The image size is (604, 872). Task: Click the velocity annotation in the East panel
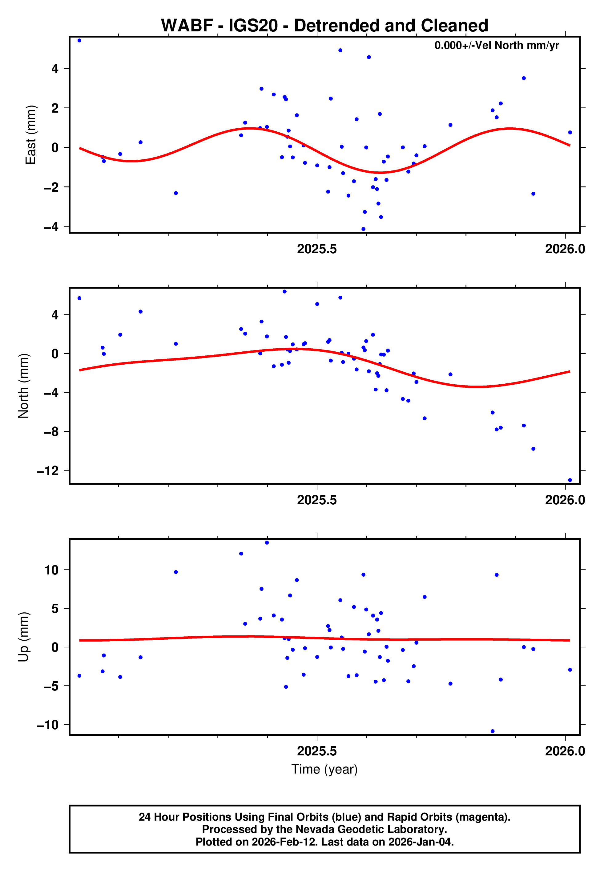coord(496,45)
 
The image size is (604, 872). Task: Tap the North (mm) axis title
coord(23,386)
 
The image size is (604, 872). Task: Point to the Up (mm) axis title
coord(23,636)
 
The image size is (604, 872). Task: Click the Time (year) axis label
coord(324,769)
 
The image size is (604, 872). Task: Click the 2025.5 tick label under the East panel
coord(317,249)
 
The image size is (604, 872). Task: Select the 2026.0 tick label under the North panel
coord(565,500)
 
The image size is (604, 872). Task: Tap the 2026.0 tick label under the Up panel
coord(565,751)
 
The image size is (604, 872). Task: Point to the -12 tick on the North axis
coord(48,471)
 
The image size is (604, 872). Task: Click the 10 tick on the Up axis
coord(51,570)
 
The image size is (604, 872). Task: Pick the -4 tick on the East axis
coord(51,227)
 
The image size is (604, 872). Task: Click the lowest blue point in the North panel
coord(570,480)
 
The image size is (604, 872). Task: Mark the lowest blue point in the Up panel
coord(492,731)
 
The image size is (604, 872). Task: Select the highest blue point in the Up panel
coord(267,543)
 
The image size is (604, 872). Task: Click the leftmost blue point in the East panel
coord(79,40)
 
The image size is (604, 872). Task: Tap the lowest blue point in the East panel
coord(363,229)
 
